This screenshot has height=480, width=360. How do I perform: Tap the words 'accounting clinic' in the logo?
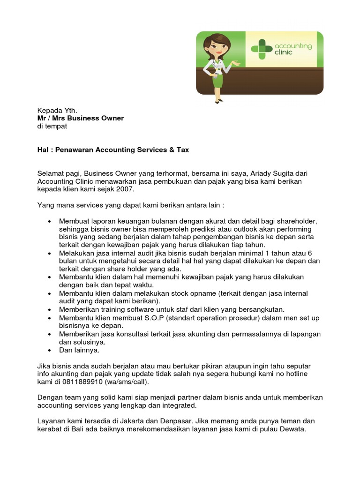coord(293,49)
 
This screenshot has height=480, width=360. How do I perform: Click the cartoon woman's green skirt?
coord(217,80)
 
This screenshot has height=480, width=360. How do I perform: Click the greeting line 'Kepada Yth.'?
coord(57,110)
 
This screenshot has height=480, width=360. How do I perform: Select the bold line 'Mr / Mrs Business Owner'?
coord(81,118)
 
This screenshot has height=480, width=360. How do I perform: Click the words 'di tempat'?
coord(52,126)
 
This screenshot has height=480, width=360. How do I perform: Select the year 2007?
coord(126,189)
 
